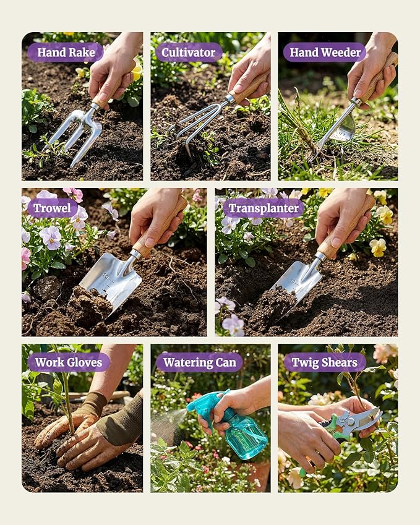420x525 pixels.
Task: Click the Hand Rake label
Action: (x=66, y=52)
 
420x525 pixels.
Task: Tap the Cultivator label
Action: (x=189, y=52)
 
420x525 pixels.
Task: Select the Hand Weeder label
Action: (x=325, y=52)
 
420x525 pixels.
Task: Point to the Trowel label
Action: (x=52, y=208)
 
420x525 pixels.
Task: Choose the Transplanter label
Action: (x=264, y=208)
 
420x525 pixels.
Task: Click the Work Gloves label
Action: (x=69, y=362)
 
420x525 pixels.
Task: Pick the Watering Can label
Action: (x=200, y=362)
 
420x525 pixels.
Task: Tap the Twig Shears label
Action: (x=325, y=362)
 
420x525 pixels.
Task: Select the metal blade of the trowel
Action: (x=112, y=280)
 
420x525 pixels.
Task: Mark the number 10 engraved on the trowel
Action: (x=106, y=276)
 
